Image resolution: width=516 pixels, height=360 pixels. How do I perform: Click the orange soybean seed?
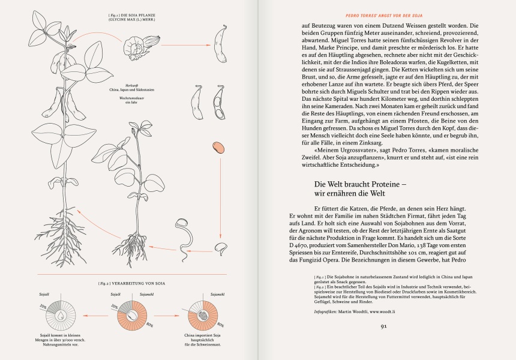(x=218, y=148)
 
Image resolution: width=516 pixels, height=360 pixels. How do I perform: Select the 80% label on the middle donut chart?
(x=148, y=324)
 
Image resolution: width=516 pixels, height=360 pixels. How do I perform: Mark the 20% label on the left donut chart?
(x=44, y=306)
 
